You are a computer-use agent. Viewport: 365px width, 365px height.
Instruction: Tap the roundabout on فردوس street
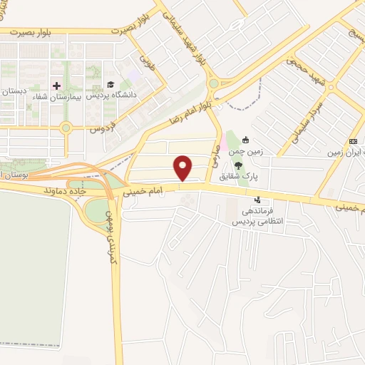66,128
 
